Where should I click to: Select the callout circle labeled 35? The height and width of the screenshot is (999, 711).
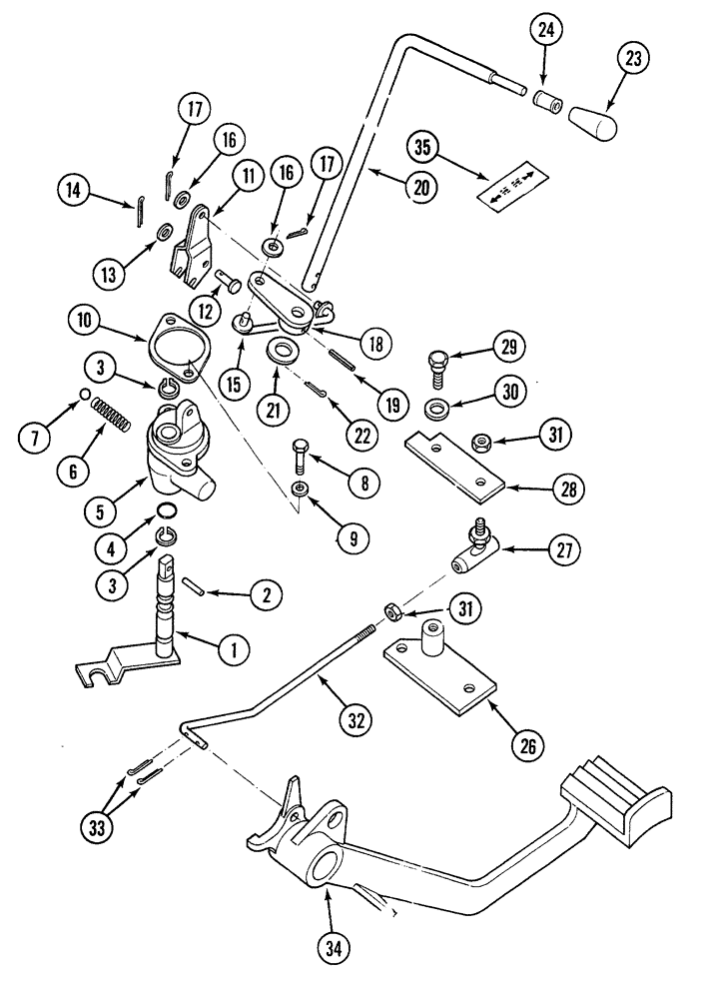coord(422,148)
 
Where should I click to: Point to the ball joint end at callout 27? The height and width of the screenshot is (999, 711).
coord(472,548)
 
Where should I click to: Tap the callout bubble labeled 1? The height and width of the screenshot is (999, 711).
coord(234,650)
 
